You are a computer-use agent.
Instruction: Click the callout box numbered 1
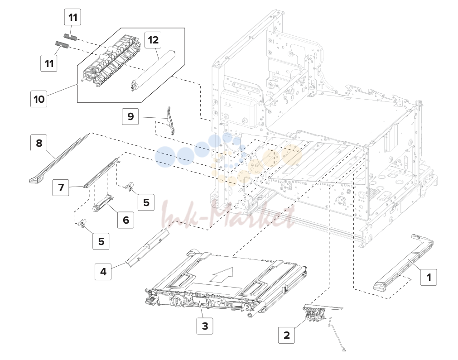click(x=429, y=277)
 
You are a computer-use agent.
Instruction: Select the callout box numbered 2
click(x=286, y=335)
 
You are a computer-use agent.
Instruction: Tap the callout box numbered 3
click(x=205, y=326)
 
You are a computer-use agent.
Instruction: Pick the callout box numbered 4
click(x=103, y=272)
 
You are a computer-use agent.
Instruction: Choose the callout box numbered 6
click(x=126, y=220)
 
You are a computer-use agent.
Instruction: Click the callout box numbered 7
click(x=61, y=187)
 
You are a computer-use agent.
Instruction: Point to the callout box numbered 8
click(x=39, y=143)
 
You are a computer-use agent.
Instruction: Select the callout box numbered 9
click(x=130, y=116)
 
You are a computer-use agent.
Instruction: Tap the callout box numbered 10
click(x=39, y=99)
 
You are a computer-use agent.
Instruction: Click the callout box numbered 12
click(x=154, y=39)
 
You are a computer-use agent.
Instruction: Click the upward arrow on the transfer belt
click(x=222, y=275)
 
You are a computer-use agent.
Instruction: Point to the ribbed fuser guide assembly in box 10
click(x=112, y=61)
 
